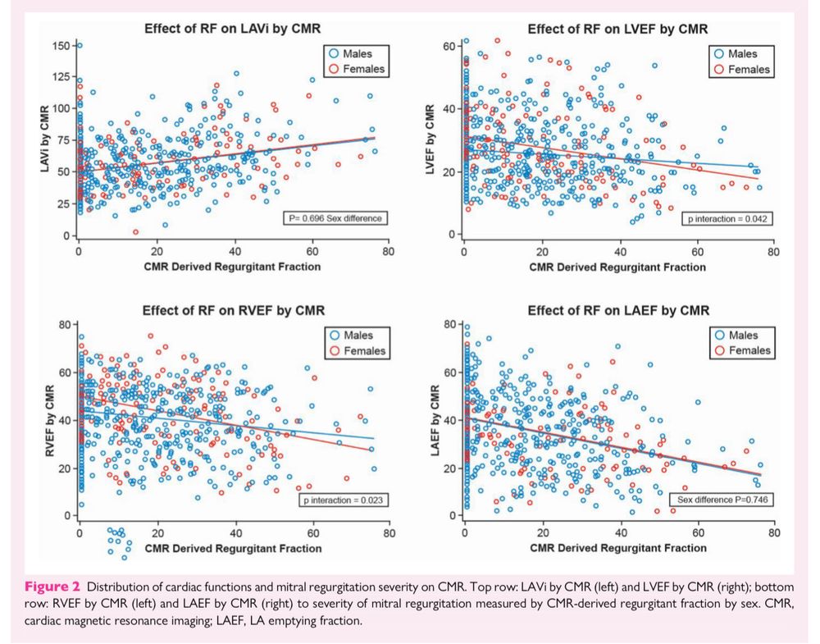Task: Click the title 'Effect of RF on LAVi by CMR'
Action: [232, 29]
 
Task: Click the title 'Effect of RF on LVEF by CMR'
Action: [617, 29]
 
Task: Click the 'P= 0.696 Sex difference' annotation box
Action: [336, 218]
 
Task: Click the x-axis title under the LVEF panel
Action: [617, 267]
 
